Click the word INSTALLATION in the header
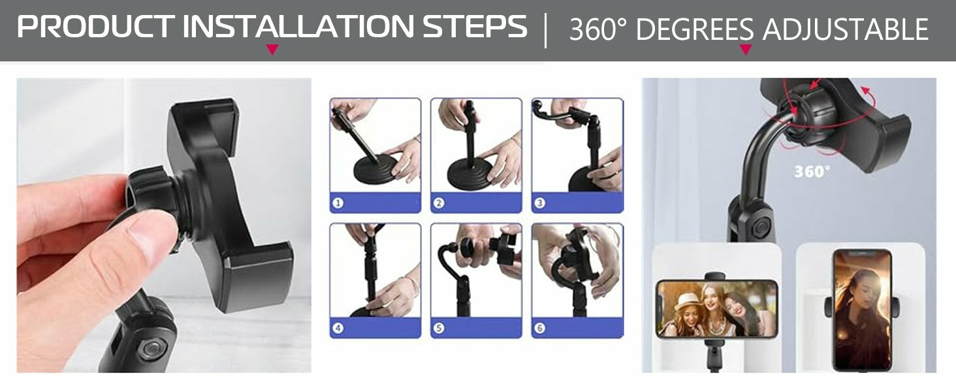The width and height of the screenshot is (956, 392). pyautogui.click(x=298, y=27)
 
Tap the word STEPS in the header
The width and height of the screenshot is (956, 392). pyautogui.click(x=475, y=27)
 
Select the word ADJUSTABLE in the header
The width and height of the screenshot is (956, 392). pyautogui.click(x=845, y=29)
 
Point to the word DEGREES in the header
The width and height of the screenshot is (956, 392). pyautogui.click(x=695, y=29)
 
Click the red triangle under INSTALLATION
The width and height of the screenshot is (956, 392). pyautogui.click(x=272, y=50)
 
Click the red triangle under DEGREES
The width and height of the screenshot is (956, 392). pyautogui.click(x=746, y=50)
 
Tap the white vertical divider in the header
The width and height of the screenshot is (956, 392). pyautogui.click(x=546, y=30)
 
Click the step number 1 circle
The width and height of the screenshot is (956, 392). pyautogui.click(x=338, y=203)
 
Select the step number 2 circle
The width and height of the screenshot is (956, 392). pyautogui.click(x=439, y=203)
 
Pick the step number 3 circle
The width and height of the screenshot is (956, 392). pyautogui.click(x=540, y=203)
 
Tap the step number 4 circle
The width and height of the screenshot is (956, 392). pyautogui.click(x=338, y=328)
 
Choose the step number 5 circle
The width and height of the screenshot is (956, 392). pyautogui.click(x=439, y=328)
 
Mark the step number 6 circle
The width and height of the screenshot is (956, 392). pyautogui.click(x=540, y=328)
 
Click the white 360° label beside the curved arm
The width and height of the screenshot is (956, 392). pyautogui.click(x=812, y=172)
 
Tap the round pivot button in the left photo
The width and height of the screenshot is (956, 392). pyautogui.click(x=152, y=348)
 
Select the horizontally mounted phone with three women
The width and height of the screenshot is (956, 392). pyautogui.click(x=717, y=309)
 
